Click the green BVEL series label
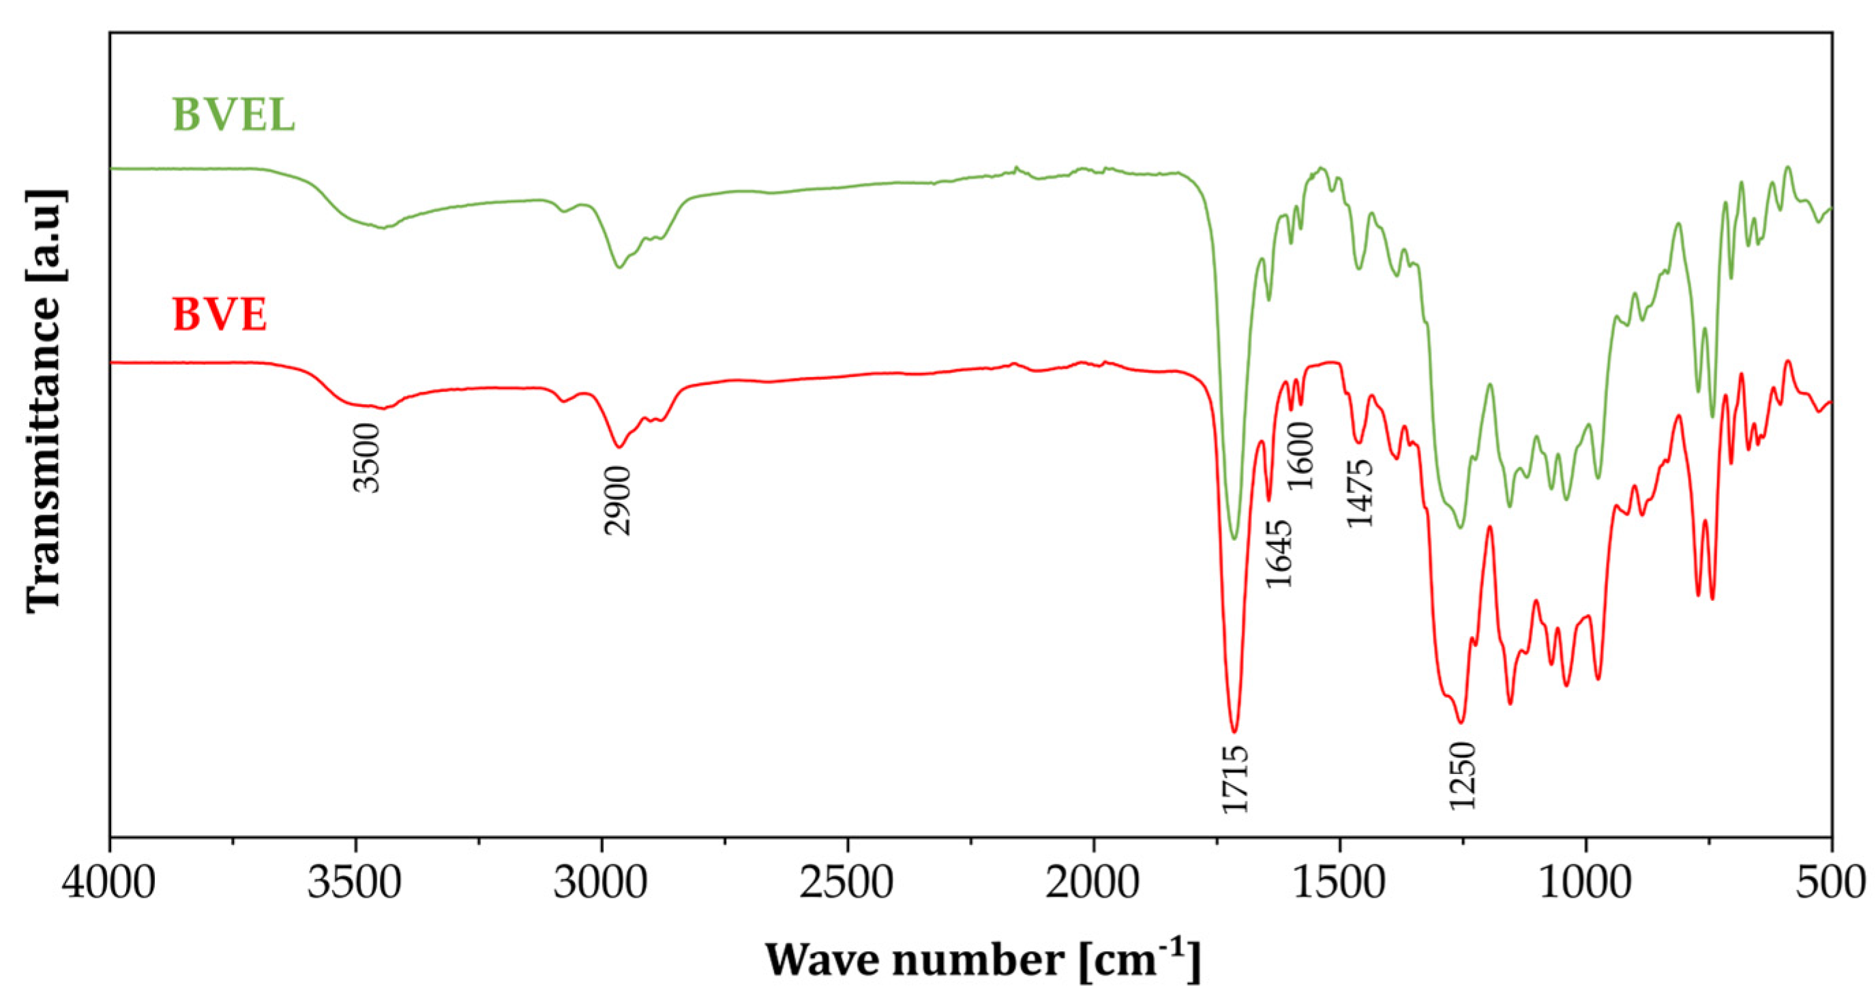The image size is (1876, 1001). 233,115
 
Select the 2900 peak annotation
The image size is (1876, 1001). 619,501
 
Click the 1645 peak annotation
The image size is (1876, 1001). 1279,554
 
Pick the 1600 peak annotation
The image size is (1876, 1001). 1301,456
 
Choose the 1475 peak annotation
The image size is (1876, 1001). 1359,493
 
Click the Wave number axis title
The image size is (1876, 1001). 982,959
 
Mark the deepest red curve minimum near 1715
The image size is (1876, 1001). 1234,731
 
